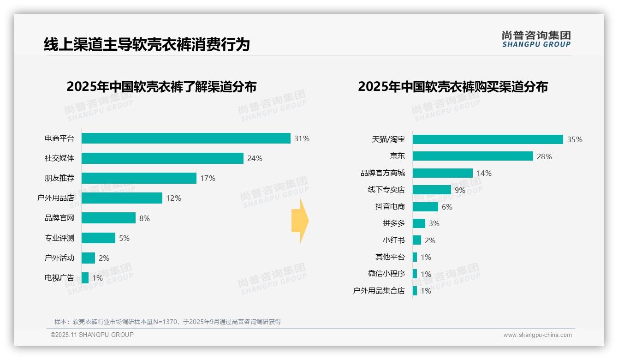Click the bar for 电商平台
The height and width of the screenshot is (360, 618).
click(186, 138)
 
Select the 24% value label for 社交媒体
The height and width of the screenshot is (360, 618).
click(255, 158)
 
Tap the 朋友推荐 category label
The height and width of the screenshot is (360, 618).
click(59, 178)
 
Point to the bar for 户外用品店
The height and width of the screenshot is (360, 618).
click(122, 198)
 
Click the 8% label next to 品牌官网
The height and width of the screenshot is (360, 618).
click(144, 218)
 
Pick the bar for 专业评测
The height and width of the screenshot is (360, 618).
click(98, 238)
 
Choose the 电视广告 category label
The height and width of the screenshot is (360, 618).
click(59, 278)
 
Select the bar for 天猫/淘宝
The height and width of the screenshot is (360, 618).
click(487, 139)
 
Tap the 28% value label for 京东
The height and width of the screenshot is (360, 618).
click(544, 156)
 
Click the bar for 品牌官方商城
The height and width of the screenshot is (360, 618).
click(442, 173)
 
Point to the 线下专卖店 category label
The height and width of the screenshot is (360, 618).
click(386, 190)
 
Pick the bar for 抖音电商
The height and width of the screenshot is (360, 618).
click(425, 207)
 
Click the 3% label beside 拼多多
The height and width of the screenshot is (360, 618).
click(434, 223)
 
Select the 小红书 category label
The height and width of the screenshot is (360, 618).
click(393, 240)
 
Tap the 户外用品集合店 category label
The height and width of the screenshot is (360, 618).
click(379, 291)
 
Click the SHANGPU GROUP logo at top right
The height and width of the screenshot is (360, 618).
click(536, 39)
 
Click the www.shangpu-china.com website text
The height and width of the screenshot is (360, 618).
click(537, 335)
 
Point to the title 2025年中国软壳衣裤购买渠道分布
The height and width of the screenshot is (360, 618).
click(452, 87)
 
